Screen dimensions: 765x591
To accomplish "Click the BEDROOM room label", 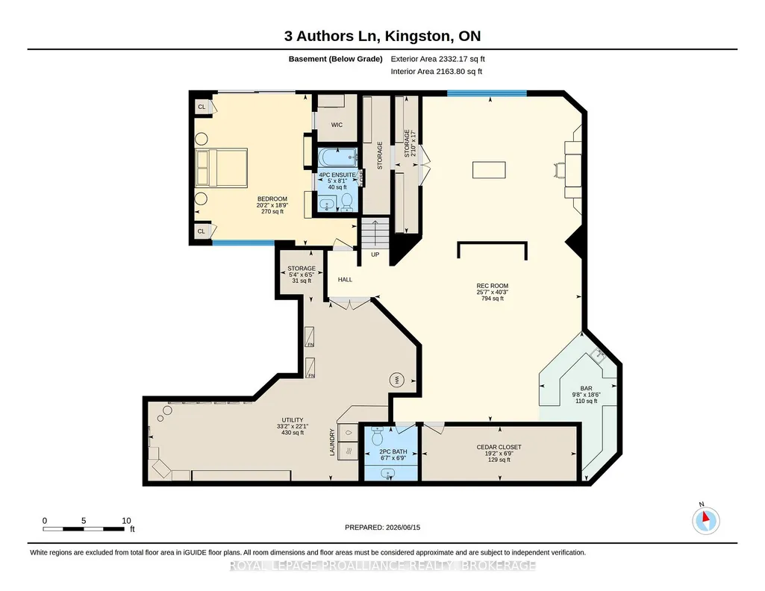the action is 272,199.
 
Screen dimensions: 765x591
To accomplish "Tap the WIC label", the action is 337,125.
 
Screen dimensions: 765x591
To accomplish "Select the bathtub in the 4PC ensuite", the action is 337,157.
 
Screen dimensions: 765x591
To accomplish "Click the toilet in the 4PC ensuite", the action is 347,202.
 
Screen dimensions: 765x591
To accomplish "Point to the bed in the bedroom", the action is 222,168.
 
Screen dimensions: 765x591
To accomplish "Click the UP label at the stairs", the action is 375,254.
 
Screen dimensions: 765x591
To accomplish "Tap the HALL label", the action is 345,279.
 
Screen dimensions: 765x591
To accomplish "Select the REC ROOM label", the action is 493,287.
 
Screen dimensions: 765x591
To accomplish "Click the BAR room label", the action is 586,389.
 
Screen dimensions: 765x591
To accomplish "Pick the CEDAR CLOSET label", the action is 499,447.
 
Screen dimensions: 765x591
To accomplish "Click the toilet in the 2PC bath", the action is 378,435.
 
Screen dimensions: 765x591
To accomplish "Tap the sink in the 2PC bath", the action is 388,473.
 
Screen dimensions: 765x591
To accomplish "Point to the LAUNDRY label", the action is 332,443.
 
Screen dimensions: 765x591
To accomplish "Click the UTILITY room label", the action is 293,420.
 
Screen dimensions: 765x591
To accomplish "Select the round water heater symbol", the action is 396,379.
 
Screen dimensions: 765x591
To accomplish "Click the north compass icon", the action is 705,521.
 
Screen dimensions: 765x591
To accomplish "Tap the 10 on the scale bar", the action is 126,521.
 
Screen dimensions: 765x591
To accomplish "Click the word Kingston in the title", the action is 417,36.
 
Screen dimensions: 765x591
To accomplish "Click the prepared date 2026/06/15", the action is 403,527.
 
